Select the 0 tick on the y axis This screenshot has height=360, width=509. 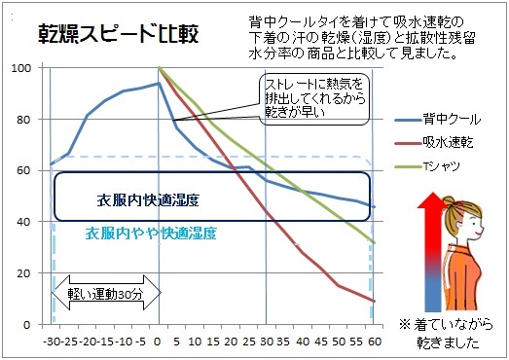(28, 324)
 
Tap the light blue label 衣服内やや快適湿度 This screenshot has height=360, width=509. (151, 234)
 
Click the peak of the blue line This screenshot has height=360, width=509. (158, 84)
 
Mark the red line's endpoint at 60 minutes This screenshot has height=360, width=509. (372, 301)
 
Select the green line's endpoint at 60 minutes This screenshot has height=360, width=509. (372, 242)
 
